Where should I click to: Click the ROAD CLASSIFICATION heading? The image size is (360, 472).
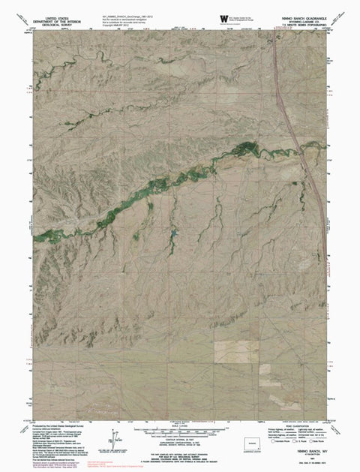[312, 424]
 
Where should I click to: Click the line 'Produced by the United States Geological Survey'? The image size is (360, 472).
[55, 425]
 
